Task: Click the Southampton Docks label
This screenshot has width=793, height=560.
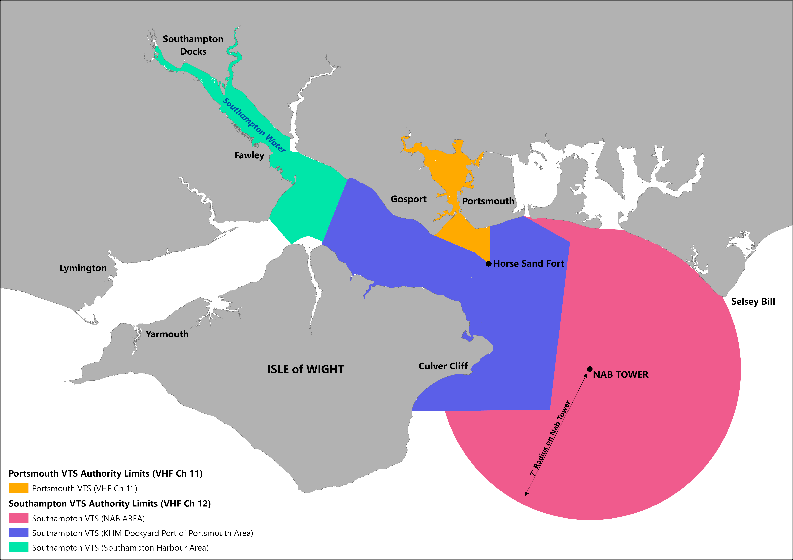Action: pos(193,45)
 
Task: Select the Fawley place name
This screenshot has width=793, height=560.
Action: pos(249,155)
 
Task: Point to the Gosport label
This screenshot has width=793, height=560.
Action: pos(409,199)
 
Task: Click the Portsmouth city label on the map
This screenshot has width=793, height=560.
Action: pos(488,201)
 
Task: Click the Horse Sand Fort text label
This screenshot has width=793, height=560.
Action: pos(528,264)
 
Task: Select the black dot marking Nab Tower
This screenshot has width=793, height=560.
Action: pos(590,369)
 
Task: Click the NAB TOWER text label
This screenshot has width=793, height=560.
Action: pos(621,375)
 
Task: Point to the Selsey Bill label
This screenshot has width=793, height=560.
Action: pos(753,302)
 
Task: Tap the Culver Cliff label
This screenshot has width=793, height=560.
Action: pos(443,366)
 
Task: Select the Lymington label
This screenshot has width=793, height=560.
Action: pos(83,268)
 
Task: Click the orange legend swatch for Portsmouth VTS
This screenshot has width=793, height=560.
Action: pos(19,488)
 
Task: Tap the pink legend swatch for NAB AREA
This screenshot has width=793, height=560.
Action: pos(19,518)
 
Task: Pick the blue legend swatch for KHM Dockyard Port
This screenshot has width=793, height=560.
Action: pos(19,533)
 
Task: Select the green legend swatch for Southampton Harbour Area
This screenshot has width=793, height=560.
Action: pos(19,547)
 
